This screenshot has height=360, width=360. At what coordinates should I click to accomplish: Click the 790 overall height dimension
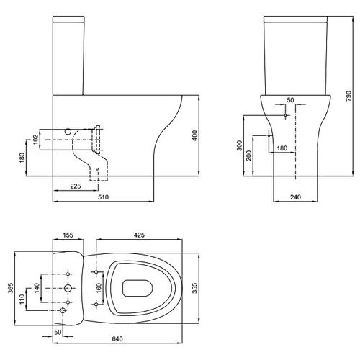(x=348, y=96)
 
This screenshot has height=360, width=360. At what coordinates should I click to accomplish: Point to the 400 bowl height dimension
(x=195, y=135)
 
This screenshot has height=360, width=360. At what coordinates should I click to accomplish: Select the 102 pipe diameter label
(x=35, y=139)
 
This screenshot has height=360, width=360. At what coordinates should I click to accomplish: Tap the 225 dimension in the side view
(x=76, y=186)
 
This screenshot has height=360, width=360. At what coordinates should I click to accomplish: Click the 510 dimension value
(x=103, y=197)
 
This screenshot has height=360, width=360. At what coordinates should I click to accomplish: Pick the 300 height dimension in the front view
(x=240, y=145)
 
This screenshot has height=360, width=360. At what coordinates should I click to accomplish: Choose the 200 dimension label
(x=249, y=156)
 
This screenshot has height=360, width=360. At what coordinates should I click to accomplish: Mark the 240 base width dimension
(x=295, y=197)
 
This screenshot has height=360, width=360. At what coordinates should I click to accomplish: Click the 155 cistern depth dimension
(x=68, y=235)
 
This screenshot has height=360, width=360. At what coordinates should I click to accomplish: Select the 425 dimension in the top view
(x=139, y=235)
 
